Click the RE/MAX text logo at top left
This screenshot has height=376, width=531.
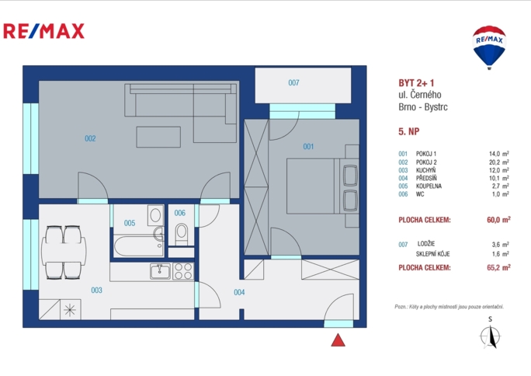(44, 31)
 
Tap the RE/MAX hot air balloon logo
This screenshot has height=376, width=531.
(489, 44)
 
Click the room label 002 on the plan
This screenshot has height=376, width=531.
(90, 139)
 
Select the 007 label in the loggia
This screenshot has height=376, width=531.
(293, 82)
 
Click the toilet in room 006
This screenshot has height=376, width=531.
(182, 232)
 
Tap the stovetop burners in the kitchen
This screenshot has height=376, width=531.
(182, 271)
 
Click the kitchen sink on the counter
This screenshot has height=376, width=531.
(159, 271)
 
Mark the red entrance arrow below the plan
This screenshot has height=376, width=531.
(337, 339)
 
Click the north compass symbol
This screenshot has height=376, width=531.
(489, 336)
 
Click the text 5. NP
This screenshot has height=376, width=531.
(408, 132)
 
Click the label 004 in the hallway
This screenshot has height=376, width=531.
(239, 293)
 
